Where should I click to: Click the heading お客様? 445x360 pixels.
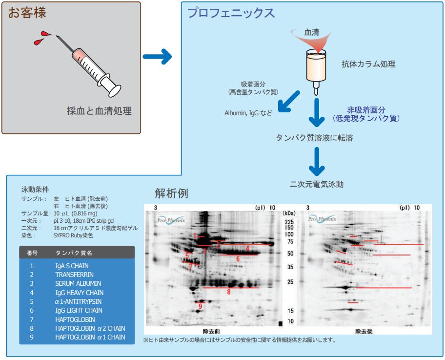click(27, 13)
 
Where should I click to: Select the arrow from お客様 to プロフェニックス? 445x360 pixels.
click(157, 57)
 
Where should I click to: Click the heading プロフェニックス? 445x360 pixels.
click(231, 13)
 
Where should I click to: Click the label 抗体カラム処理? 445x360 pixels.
click(368, 64)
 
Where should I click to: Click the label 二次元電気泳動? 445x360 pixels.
click(317, 184)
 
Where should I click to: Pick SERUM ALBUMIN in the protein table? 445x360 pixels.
click(78, 283)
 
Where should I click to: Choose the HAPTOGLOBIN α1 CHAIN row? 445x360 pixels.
click(90, 337)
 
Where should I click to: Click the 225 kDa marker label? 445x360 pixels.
click(288, 221)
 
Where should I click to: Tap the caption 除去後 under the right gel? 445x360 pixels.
click(364, 331)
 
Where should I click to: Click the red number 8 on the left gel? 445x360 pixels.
click(228, 292)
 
